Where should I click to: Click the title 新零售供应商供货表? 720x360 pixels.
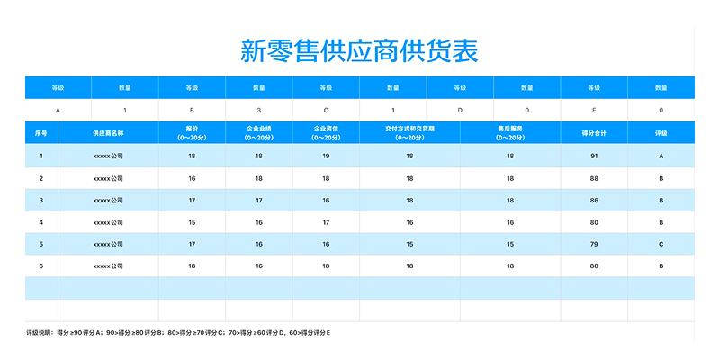360,50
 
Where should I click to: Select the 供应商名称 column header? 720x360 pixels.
108,133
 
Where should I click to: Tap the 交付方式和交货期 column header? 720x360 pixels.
409,133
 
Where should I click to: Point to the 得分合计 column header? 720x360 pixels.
594,133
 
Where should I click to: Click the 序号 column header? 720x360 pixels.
40,133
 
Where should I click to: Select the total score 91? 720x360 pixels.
594,156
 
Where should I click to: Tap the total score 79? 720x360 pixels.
594,244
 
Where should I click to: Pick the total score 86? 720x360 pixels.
594,200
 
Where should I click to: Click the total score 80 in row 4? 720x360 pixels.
594,221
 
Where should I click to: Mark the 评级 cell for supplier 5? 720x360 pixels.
661,244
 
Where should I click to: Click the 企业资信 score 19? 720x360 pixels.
326,156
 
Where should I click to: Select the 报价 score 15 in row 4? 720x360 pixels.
192,221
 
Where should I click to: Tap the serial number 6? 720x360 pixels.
40,265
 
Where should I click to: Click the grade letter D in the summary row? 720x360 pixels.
460,110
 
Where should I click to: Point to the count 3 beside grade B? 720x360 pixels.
259,110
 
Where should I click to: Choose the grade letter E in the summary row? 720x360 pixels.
594,110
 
